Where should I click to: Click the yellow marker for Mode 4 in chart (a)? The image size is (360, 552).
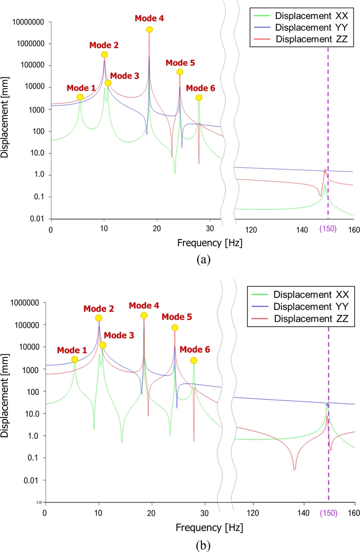click(149, 30)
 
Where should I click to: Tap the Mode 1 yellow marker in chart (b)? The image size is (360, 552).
click(75, 359)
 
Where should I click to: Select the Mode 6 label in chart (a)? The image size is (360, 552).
click(201, 88)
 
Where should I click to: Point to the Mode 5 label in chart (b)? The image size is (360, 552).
click(176, 317)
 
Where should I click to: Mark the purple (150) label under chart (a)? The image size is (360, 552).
click(327, 229)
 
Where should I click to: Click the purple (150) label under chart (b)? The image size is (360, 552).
click(328, 513)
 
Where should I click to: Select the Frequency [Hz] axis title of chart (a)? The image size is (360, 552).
click(203, 243)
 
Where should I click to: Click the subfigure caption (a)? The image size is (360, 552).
click(203, 260)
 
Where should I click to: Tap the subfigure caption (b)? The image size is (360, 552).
click(203, 545)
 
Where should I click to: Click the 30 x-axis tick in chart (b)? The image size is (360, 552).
click(204, 513)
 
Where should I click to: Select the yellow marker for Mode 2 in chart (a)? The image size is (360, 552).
click(104, 54)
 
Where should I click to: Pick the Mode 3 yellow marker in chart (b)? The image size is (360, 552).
click(103, 345)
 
